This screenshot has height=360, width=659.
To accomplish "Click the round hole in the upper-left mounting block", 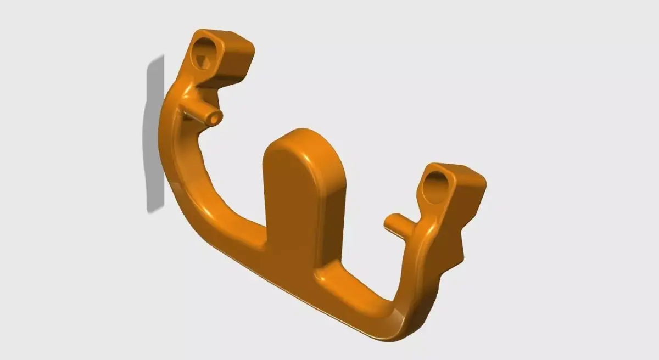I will [x=206, y=54].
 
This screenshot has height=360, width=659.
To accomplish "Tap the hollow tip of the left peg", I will [x=213, y=117].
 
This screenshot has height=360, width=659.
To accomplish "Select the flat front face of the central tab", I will [x=291, y=203].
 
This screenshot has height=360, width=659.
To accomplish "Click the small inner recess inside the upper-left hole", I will [x=204, y=61].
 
